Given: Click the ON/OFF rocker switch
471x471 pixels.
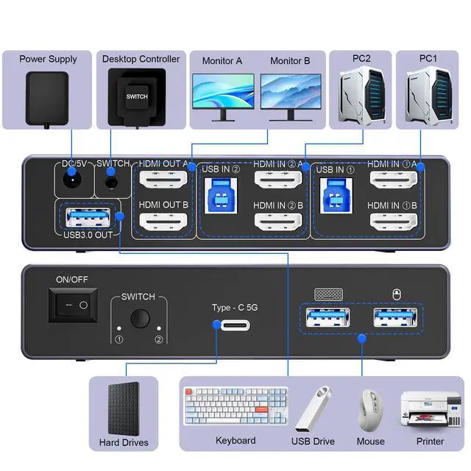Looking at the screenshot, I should tap(74, 304).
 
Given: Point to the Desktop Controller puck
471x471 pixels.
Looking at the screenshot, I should tap(137, 97).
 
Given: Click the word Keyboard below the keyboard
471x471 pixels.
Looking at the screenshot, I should tap(235, 440).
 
